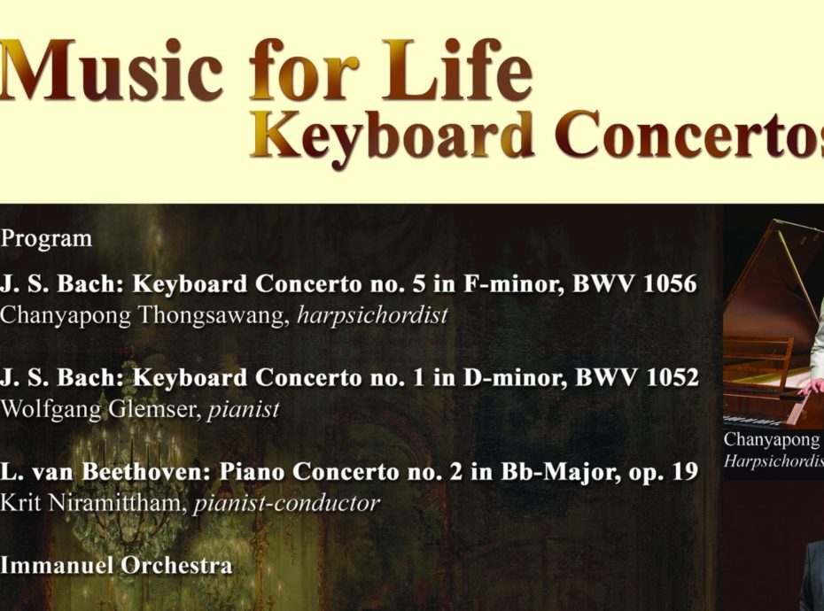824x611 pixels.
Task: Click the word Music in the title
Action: (112, 70)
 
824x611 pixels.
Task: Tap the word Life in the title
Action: (458, 69)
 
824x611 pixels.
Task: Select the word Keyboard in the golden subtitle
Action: (393, 135)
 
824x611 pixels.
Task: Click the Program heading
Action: (46, 239)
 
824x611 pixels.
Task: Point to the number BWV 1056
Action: (634, 283)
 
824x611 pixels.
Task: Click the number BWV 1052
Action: (637, 377)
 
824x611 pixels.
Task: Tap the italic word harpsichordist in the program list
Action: (373, 315)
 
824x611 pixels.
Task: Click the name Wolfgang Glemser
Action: (101, 410)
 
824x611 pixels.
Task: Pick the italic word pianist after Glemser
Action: (244, 410)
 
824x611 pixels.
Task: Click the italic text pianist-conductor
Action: (287, 504)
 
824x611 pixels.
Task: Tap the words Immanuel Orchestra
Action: (116, 565)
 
